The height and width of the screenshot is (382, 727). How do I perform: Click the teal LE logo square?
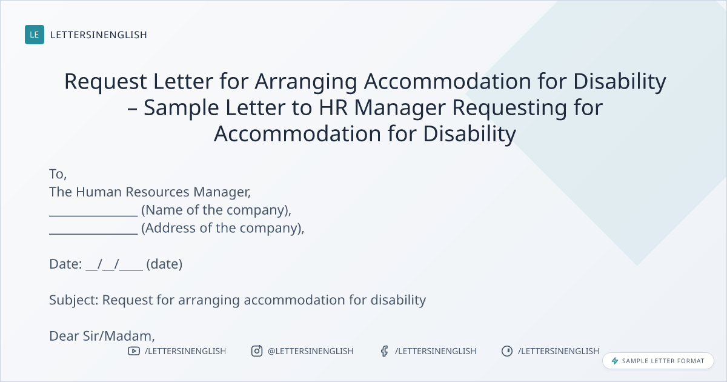pyautogui.click(x=35, y=35)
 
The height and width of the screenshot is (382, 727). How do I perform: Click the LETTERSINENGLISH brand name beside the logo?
pyautogui.click(x=99, y=35)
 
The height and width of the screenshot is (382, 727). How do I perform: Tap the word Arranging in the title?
pyautogui.click(x=306, y=81)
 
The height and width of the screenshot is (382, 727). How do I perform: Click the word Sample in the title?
pyautogui.click(x=181, y=108)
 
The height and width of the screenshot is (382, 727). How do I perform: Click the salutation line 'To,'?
pyautogui.click(x=58, y=174)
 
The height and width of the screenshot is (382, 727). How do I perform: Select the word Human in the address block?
pyautogui.click(x=99, y=192)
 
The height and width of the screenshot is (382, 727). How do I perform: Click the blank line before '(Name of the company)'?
pyautogui.click(x=93, y=215)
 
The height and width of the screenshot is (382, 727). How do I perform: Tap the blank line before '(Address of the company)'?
pyautogui.click(x=93, y=233)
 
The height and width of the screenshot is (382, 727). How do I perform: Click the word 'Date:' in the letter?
pyautogui.click(x=65, y=264)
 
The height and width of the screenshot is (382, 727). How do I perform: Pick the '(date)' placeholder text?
pyautogui.click(x=164, y=264)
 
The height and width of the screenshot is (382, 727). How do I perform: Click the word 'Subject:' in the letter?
pyautogui.click(x=74, y=300)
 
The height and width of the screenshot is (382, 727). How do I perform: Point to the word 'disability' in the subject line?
pyautogui.click(x=398, y=300)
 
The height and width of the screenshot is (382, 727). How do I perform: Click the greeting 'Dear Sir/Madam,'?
pyautogui.click(x=102, y=336)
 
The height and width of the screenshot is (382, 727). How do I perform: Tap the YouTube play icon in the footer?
pyautogui.click(x=134, y=351)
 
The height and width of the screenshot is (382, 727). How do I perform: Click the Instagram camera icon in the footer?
pyautogui.click(x=257, y=351)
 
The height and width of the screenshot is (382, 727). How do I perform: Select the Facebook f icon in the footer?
pyautogui.click(x=384, y=351)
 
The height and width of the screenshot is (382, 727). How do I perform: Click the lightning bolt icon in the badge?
pyautogui.click(x=615, y=361)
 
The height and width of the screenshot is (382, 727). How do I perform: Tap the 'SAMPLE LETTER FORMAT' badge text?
pyautogui.click(x=663, y=361)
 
